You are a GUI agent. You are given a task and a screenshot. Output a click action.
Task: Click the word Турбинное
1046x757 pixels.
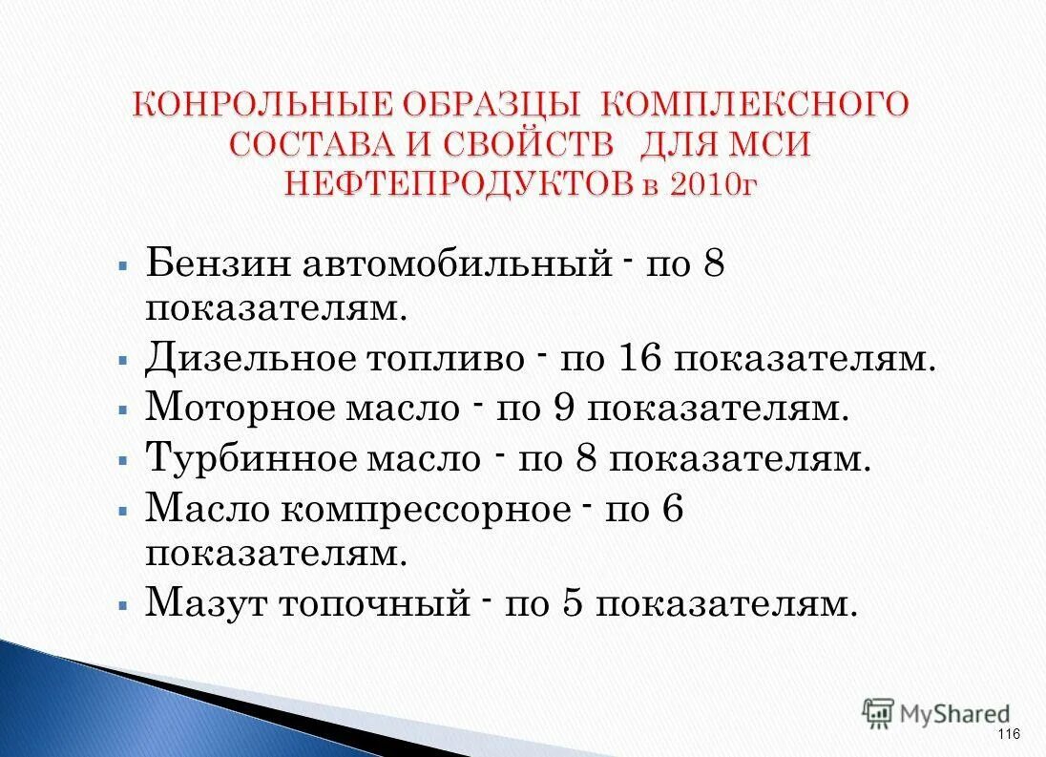click(x=251, y=458)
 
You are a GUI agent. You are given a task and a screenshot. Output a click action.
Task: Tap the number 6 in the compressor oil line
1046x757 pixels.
click(x=672, y=509)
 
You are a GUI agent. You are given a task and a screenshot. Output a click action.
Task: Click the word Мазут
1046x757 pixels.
click(x=203, y=603)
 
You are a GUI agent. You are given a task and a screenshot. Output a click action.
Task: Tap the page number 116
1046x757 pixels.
click(x=1008, y=733)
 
